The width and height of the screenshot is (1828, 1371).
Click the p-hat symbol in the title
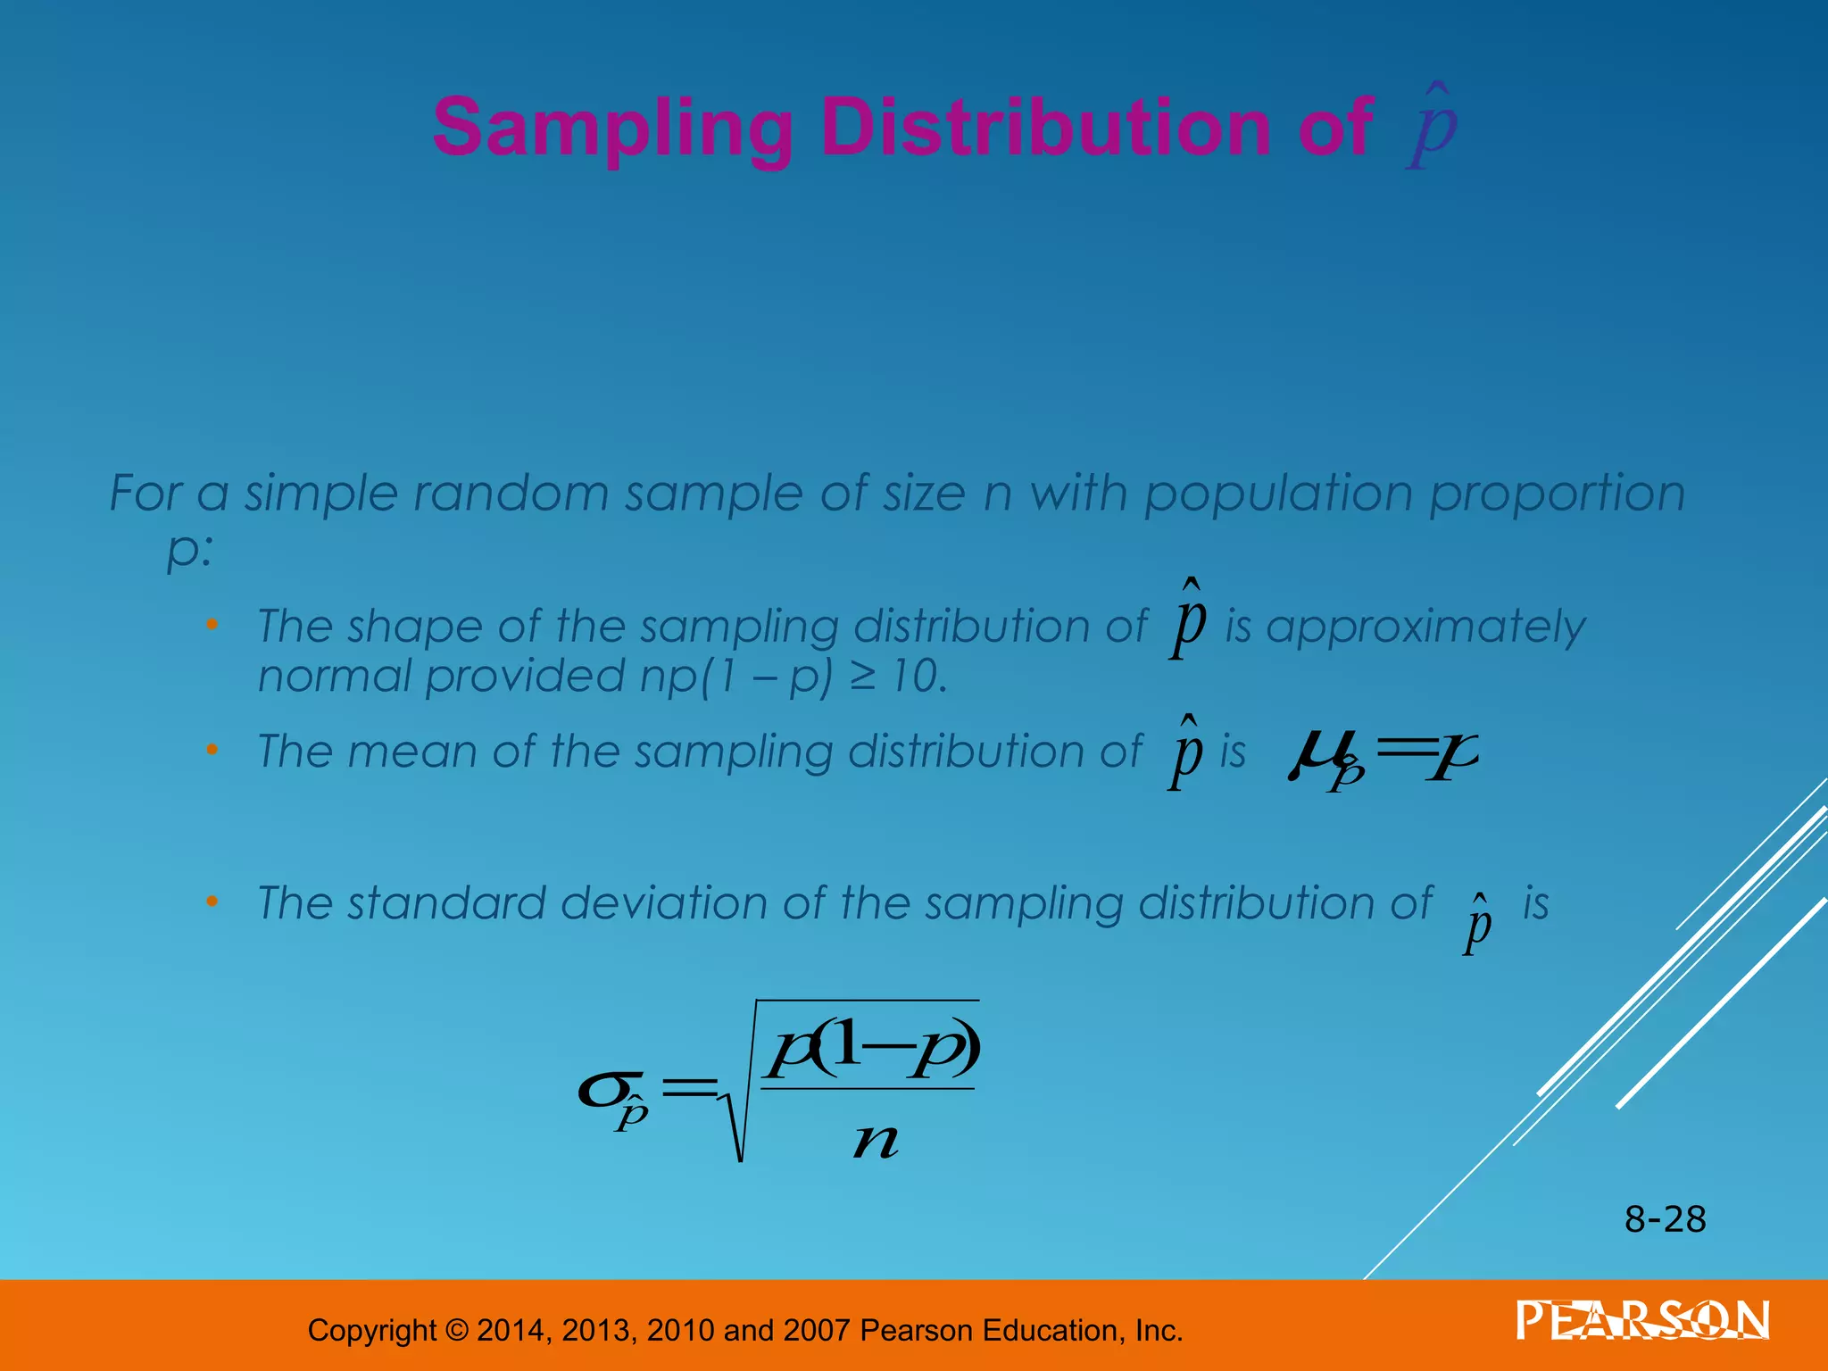[1433, 129]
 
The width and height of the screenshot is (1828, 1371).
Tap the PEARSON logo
[1642, 1320]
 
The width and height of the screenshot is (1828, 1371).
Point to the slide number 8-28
[1665, 1219]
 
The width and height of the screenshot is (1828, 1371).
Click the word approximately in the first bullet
[1425, 627]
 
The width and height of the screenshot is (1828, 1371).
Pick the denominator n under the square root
[875, 1141]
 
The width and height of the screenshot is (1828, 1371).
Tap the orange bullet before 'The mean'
[212, 751]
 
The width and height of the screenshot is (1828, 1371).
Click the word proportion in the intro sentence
[1558, 494]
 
